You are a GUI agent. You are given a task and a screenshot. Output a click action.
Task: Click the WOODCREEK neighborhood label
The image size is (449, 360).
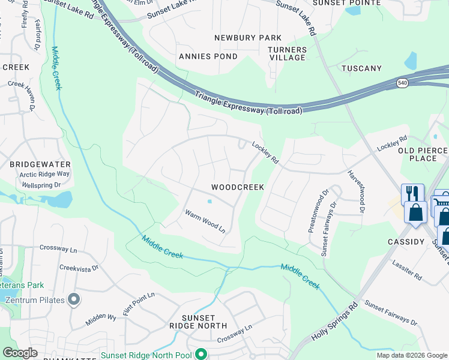tap(238, 188)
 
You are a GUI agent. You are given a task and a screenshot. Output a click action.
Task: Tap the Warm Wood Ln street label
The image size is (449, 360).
tap(205, 221)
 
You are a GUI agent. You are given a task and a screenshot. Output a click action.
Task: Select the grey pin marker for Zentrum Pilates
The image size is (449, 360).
tap(74, 298)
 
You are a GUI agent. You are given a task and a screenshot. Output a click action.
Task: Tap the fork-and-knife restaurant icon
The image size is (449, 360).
tap(412, 193)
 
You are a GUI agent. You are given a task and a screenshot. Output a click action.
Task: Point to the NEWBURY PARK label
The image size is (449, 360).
tap(249, 38)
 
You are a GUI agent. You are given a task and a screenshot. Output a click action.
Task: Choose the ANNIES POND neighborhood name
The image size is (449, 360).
tap(208, 56)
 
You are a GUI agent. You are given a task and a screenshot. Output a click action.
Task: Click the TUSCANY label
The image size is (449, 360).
tap(361, 68)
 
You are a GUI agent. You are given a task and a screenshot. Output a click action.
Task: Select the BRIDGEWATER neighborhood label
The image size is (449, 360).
tap(40, 164)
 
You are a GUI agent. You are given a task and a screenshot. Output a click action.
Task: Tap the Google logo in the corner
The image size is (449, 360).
tap(20, 353)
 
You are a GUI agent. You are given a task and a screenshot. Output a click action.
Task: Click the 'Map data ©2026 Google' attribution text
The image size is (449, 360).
tap(411, 355)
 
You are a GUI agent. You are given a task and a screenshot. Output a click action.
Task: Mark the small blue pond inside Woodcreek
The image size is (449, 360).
tap(209, 202)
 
